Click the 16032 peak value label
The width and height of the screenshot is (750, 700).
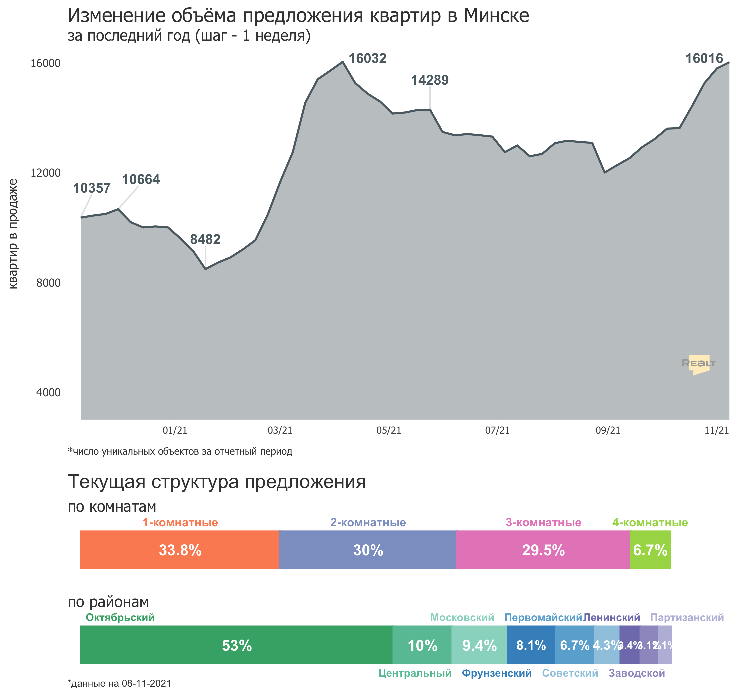367,58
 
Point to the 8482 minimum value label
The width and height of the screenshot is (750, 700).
205,239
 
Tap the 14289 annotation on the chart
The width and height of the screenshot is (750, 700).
430,80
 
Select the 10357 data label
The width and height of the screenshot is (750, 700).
92,188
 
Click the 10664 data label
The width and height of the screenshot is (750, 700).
141,179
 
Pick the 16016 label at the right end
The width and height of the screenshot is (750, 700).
704,58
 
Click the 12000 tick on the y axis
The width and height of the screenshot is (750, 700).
46,173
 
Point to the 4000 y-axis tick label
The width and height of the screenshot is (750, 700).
48,392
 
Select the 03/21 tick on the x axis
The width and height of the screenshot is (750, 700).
280,430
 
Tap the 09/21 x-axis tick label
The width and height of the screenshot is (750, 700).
608,430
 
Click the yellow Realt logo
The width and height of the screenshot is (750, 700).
699,364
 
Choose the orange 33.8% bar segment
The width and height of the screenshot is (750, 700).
180,550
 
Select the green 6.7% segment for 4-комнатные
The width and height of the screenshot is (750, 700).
650,550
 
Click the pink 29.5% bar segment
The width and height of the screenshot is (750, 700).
543,550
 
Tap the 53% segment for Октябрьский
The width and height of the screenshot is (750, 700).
236,645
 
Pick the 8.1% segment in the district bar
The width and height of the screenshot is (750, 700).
531,645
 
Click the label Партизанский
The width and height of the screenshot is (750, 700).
687,617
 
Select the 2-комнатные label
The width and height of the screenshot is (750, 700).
368,522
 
